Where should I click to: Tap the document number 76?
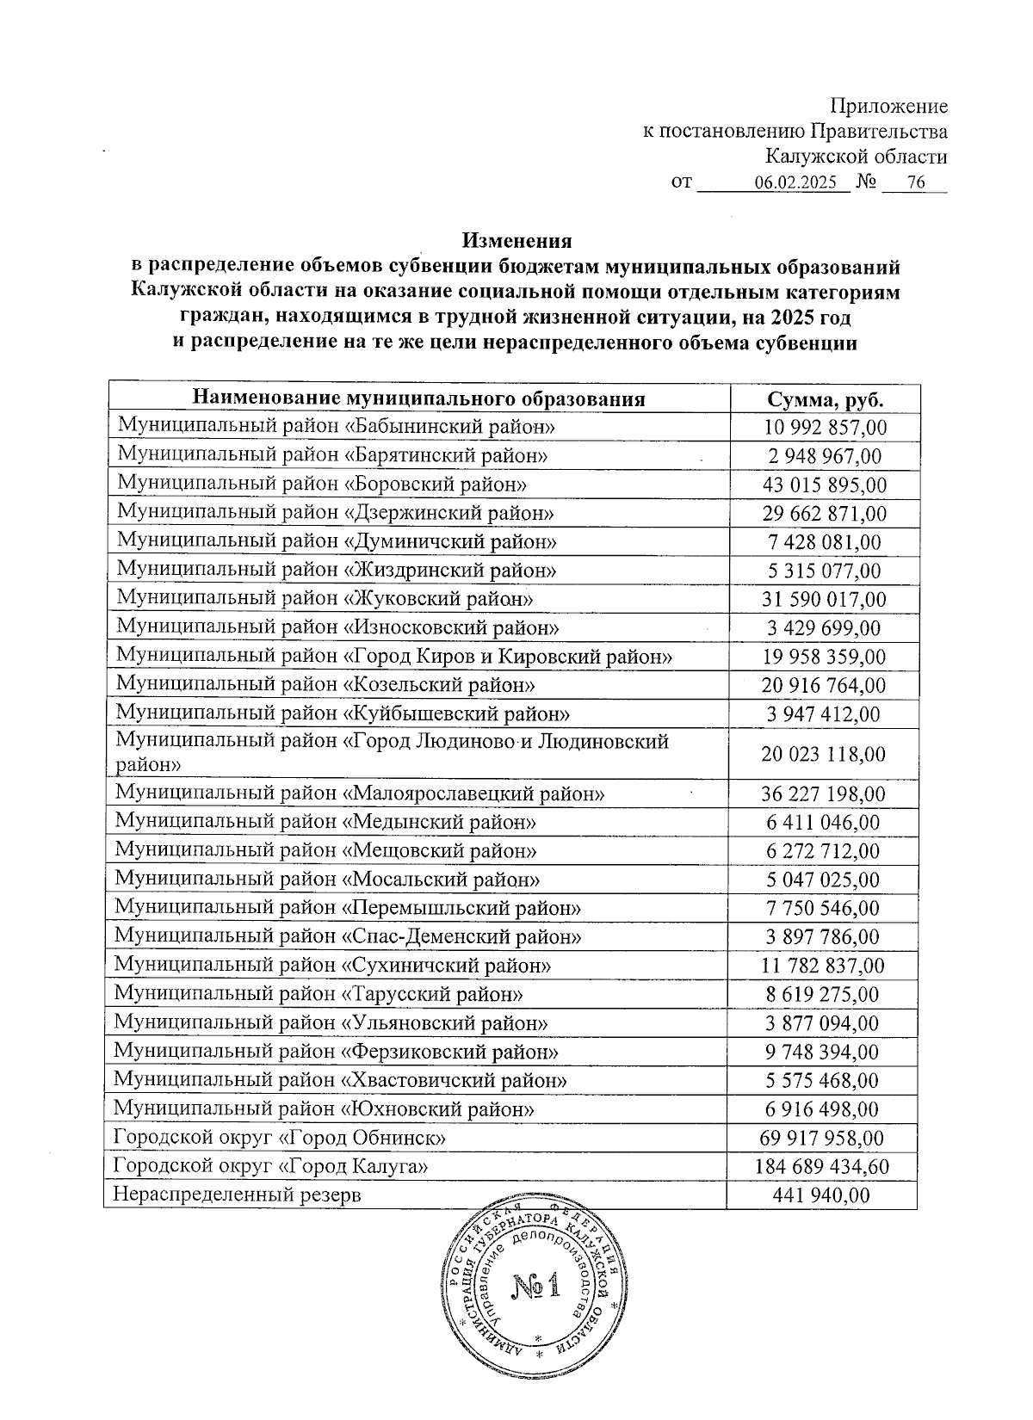915,183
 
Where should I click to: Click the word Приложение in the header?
888,107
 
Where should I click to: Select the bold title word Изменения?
516,240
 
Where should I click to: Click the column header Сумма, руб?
826,399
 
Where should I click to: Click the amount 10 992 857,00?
826,428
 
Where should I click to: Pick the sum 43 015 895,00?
825,485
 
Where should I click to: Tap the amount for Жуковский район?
825,599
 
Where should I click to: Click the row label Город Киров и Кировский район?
394,657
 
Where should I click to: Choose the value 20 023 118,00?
823,754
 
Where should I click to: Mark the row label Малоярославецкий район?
360,793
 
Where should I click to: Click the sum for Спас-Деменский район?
823,936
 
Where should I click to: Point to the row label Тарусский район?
319,994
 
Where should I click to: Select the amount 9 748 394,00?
823,1052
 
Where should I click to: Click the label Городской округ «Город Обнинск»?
280,1138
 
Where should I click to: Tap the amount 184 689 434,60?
822,1167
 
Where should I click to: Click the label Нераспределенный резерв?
238,1195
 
